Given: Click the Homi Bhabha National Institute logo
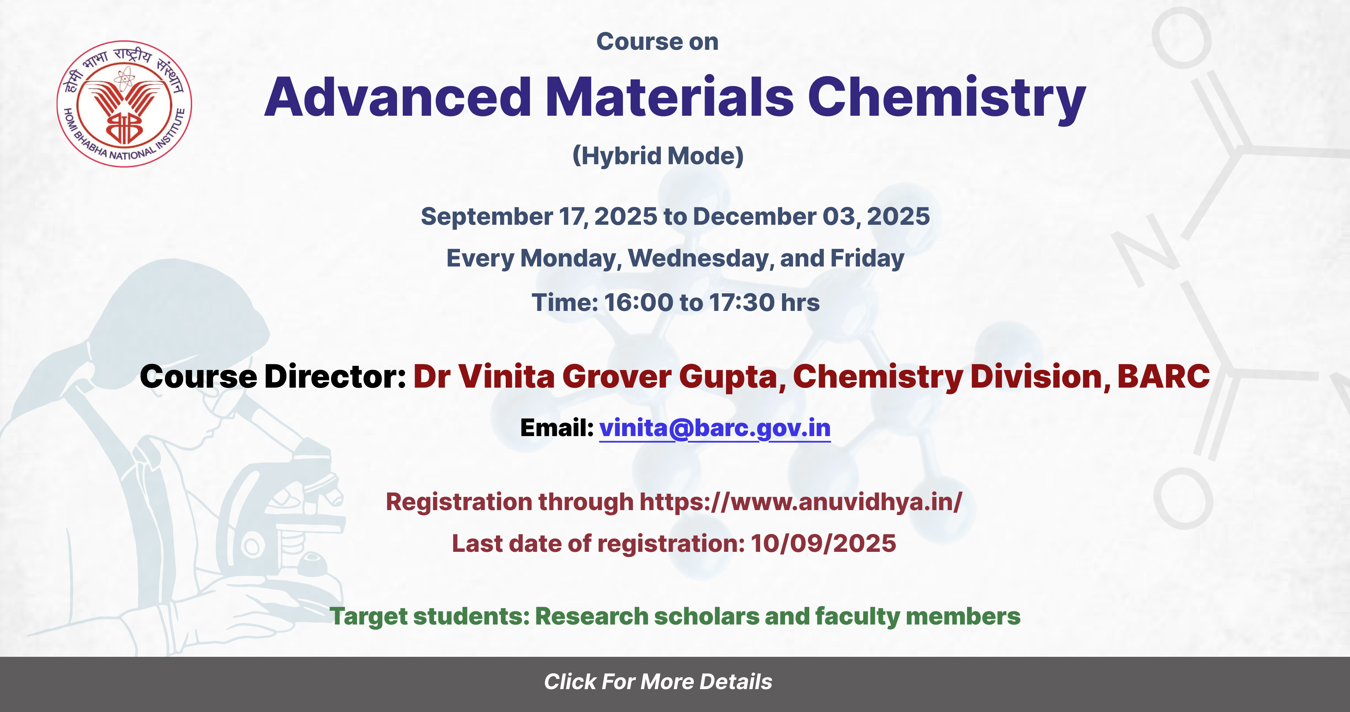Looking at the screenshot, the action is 124,104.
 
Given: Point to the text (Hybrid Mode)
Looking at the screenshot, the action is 658,155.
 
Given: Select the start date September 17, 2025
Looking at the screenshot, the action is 539,216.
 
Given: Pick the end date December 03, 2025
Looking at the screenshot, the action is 811,216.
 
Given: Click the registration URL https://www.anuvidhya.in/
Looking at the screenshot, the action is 801,502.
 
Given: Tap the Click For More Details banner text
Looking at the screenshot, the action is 658,682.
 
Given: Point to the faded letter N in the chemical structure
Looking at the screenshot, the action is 1144,250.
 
